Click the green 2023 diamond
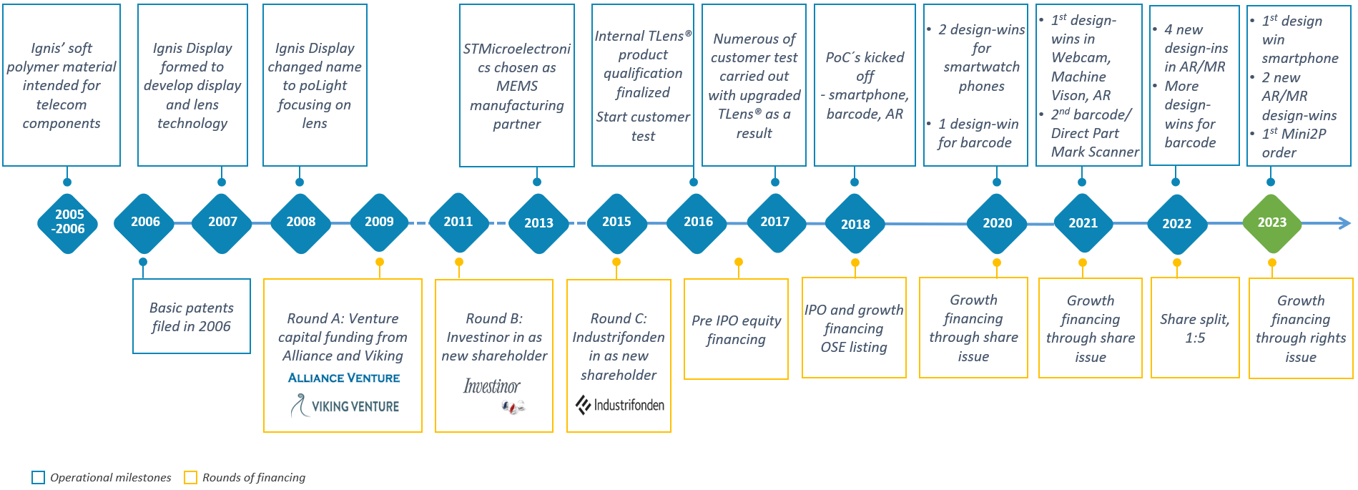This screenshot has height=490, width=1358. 1271,223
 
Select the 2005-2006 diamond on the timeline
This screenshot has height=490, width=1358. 67,223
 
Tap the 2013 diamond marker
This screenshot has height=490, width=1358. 538,223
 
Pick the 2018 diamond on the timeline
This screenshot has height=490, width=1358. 855,224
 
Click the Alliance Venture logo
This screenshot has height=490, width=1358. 344,378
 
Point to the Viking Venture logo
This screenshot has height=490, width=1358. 345,406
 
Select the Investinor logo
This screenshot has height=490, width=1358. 493,395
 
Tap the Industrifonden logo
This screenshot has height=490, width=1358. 620,406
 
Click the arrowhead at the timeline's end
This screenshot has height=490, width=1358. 1344,223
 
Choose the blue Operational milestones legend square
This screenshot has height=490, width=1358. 39,477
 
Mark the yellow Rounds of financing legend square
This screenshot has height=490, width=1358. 190,477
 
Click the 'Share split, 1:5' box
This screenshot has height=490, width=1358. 1195,328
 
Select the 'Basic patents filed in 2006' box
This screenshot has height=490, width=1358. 192,316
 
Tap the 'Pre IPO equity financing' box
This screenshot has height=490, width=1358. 736,329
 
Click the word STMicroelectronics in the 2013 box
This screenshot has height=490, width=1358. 517,58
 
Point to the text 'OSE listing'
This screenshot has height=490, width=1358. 854,347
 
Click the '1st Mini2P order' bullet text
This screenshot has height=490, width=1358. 1294,143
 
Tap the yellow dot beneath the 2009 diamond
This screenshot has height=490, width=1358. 380,262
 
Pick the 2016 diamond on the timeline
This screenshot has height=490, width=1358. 697,222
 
